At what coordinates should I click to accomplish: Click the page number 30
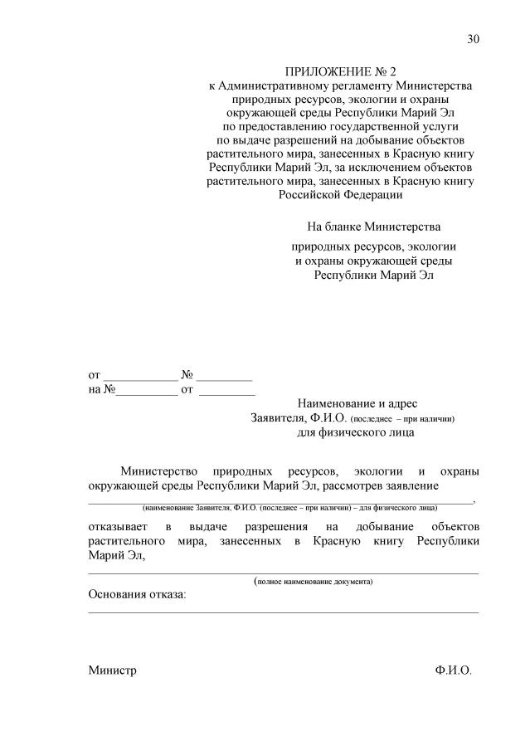point(473,39)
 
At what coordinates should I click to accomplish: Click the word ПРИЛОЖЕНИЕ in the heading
point(321,73)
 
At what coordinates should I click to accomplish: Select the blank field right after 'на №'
point(147,388)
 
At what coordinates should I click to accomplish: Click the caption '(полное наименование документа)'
point(314,582)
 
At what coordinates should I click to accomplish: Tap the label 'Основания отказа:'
point(138,595)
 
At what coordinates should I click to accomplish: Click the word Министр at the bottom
point(112,670)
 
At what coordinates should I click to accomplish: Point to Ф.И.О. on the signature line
point(453,670)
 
